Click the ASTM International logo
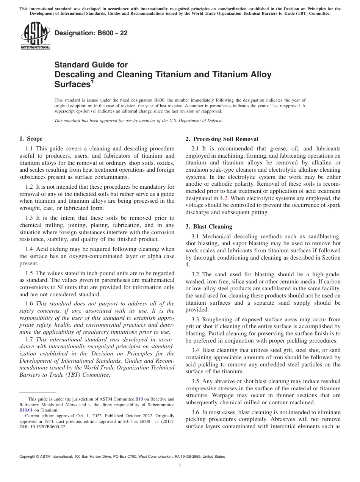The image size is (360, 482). tap(35, 36)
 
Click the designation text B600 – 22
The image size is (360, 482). tap(91, 33)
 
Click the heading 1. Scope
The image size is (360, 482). tap(31, 139)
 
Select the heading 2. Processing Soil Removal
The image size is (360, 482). tap(222, 139)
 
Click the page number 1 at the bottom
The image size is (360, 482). tap(180, 466)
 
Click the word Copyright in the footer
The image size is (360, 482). tap(29, 457)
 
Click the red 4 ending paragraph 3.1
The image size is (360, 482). tap(187, 265)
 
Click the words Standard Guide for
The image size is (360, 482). tap(91, 65)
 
